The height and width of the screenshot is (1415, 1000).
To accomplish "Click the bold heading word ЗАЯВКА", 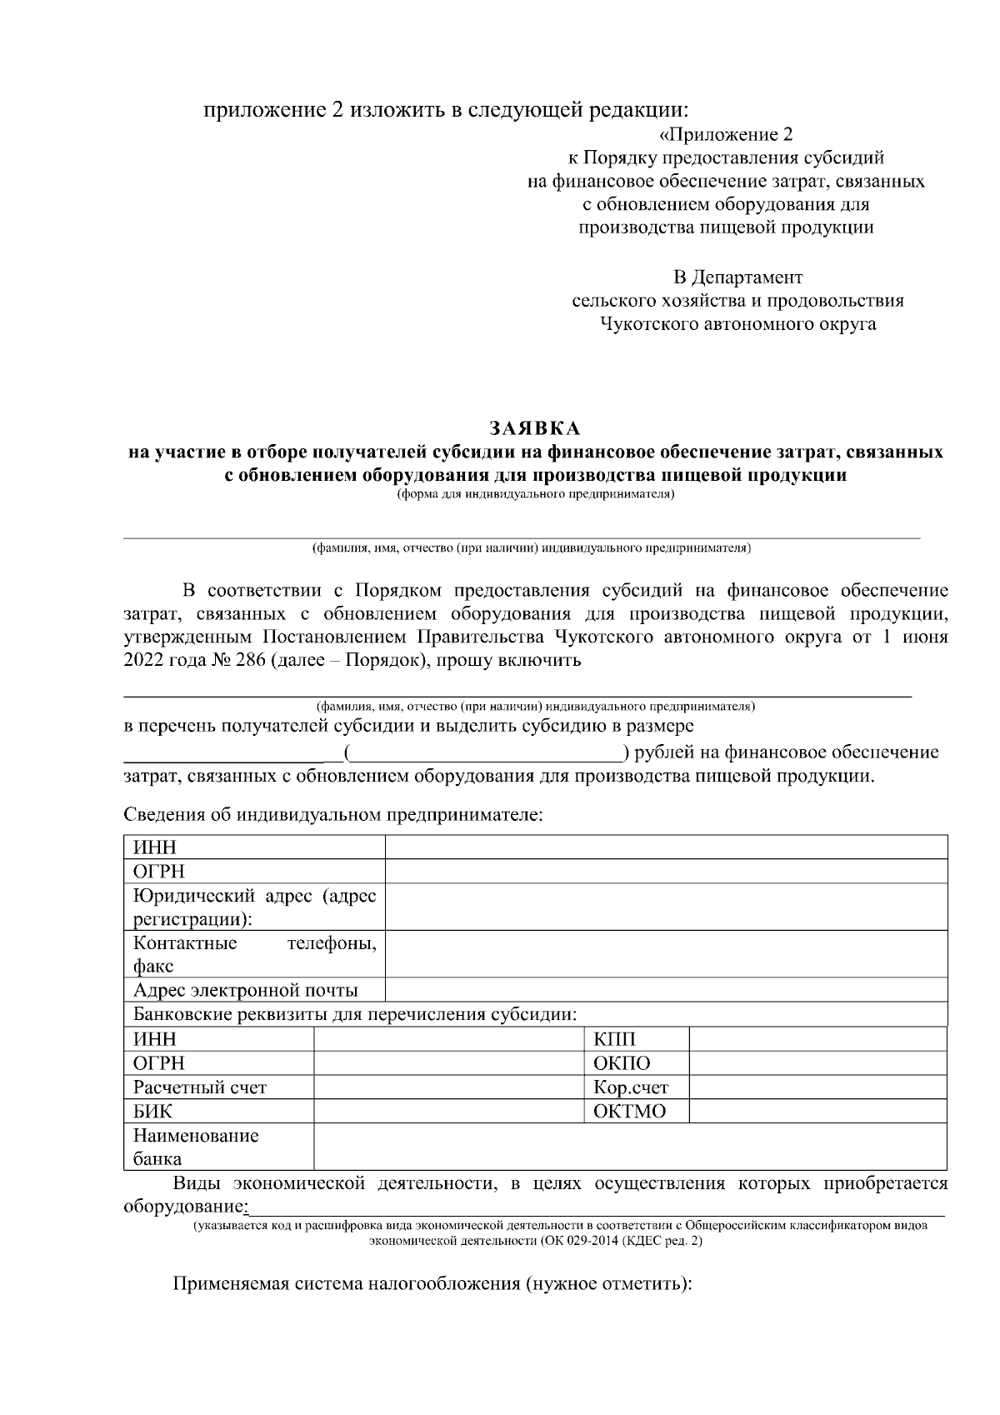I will click(x=535, y=429).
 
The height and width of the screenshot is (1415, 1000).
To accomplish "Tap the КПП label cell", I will click(x=614, y=1039).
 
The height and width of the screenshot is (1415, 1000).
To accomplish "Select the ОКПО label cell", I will click(x=621, y=1063).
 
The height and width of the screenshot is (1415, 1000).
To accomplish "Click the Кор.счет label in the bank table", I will click(x=630, y=1087).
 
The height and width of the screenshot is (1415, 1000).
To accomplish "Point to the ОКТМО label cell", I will click(x=629, y=1112).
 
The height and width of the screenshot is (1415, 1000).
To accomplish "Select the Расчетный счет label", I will click(x=200, y=1087).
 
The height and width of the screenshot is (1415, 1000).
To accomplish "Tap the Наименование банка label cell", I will click(x=196, y=1147).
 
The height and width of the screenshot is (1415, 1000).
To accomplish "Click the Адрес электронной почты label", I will click(x=246, y=991).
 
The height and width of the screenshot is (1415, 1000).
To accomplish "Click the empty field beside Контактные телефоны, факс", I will click(x=667, y=955).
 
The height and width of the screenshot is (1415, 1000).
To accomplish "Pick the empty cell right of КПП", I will click(x=817, y=1039).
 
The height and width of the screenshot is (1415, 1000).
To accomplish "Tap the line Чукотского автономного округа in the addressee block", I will click(x=737, y=324).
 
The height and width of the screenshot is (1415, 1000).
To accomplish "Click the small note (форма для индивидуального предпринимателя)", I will click(x=535, y=494).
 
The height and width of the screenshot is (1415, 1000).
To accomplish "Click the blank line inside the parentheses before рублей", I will click(x=487, y=754).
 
